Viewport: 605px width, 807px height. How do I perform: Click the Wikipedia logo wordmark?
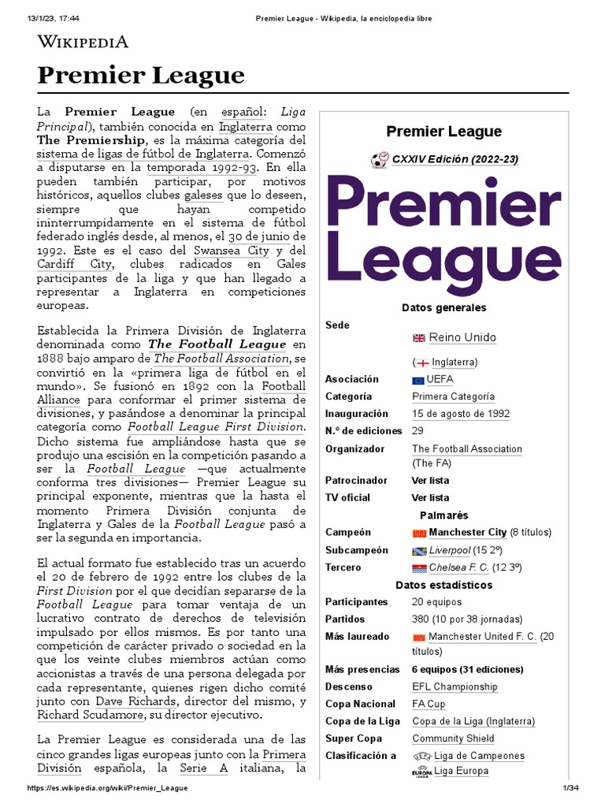tap(83, 42)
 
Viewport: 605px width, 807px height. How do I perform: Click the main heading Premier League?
tap(141, 76)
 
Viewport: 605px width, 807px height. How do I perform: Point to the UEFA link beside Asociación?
tap(439, 379)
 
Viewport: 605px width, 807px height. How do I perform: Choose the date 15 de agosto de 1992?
tap(460, 414)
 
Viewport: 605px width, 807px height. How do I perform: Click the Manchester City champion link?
tap(467, 533)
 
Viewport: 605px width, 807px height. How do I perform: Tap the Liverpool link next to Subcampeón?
tap(449, 550)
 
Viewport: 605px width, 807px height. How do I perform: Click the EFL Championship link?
tap(455, 686)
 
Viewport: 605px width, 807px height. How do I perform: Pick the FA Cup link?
tap(429, 704)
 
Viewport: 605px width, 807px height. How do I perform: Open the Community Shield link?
tap(453, 738)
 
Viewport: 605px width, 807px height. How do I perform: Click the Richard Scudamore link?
tap(91, 715)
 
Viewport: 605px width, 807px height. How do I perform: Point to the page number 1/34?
tap(570, 789)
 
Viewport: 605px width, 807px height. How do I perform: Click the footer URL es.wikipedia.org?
tap(108, 789)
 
